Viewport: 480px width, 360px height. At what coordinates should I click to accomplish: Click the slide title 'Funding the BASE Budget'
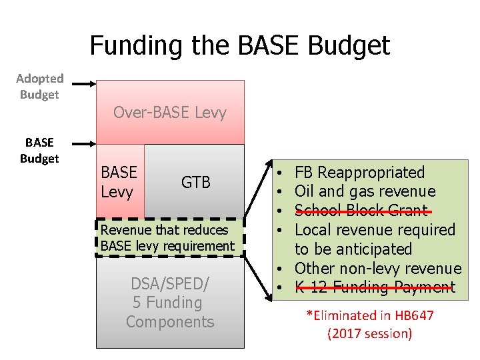click(x=239, y=45)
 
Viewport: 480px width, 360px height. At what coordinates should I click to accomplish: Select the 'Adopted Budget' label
click(x=39, y=87)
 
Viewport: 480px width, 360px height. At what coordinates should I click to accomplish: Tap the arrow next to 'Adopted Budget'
click(x=83, y=85)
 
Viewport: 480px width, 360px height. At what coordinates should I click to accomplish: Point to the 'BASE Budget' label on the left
click(x=39, y=150)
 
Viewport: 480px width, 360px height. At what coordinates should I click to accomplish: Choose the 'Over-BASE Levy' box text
click(x=170, y=113)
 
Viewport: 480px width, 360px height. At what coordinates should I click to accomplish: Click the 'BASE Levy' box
click(x=119, y=182)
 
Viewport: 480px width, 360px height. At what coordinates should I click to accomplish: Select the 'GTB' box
click(x=196, y=182)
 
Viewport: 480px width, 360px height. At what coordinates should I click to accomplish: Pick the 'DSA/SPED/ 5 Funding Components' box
click(x=170, y=303)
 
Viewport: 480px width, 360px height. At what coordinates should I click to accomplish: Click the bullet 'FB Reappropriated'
click(x=359, y=173)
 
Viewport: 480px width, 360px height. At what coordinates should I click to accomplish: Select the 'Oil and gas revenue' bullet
click(x=365, y=192)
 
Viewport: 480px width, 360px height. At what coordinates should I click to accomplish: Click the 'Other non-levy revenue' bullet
click(x=377, y=269)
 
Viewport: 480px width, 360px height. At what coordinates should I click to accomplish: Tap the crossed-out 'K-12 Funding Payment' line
click(x=375, y=287)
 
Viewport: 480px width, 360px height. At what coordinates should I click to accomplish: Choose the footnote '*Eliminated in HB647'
click(x=369, y=315)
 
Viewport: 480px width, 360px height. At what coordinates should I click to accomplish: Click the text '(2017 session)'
click(x=369, y=333)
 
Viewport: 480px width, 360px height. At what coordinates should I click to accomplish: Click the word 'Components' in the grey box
click(x=170, y=322)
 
